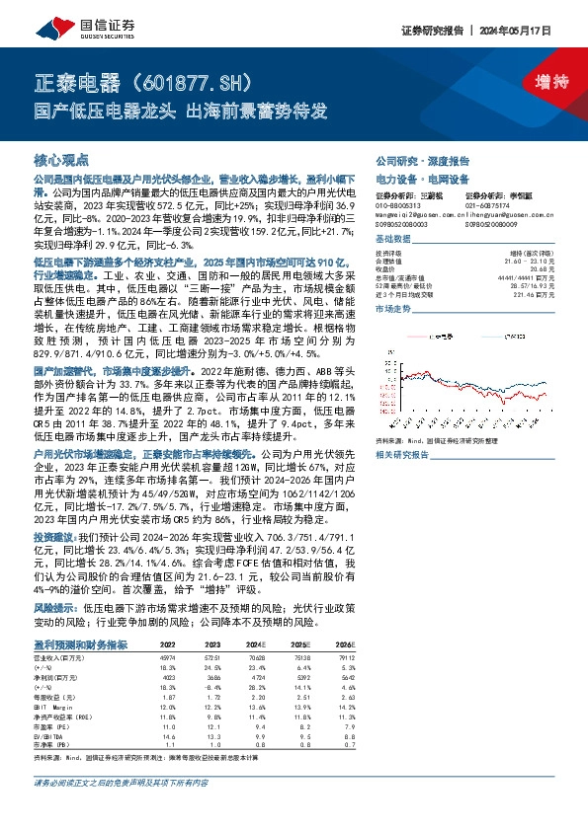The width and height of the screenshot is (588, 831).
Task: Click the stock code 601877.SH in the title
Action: (x=178, y=82)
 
